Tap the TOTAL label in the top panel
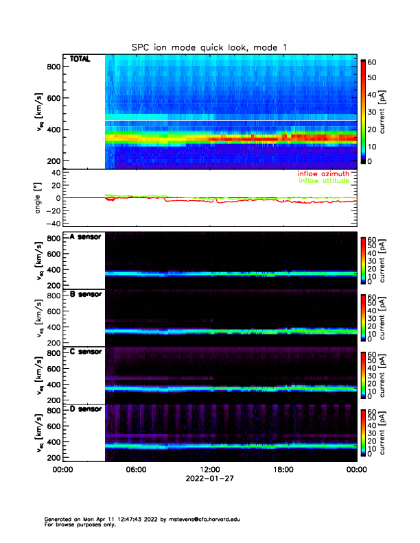click(x=80, y=60)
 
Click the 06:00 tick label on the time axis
click(x=136, y=470)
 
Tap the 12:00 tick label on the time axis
click(x=209, y=470)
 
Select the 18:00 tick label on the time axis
click(x=283, y=470)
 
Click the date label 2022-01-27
click(x=209, y=479)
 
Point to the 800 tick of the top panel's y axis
click(x=54, y=67)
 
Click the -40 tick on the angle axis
click(x=51, y=224)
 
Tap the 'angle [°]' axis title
click(x=40, y=197)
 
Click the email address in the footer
click(x=206, y=519)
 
